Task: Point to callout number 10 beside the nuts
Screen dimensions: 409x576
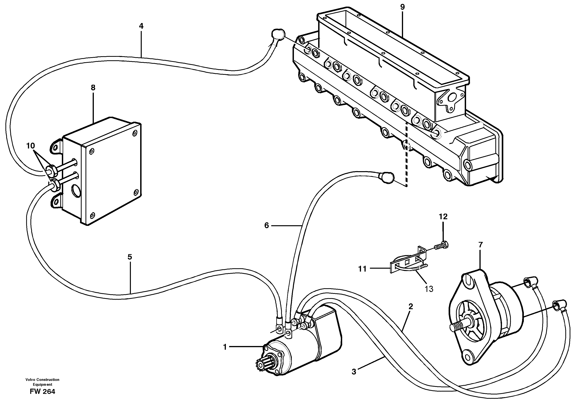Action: point(30,146)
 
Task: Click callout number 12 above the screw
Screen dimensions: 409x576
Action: point(443,217)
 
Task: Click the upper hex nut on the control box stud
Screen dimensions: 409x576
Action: point(52,171)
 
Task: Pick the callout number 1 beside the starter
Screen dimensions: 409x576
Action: point(225,347)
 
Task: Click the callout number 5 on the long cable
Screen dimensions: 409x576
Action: point(130,257)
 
